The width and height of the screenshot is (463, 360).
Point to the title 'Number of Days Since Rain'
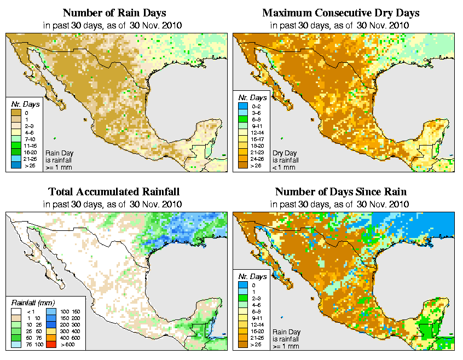pos(341,192)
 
